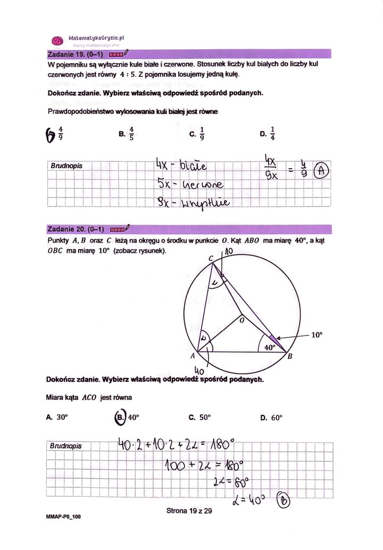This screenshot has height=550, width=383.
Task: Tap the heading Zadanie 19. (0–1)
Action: [x=75, y=54]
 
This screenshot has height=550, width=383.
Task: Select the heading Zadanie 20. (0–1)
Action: [x=75, y=229]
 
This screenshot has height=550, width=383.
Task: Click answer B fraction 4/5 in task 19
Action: [x=128, y=134]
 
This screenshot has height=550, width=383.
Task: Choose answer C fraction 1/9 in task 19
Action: [x=198, y=134]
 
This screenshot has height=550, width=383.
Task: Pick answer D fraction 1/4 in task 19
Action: [x=269, y=134]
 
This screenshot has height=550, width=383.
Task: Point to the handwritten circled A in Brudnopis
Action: [x=321, y=171]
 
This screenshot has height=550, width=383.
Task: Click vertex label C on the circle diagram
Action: [x=210, y=258]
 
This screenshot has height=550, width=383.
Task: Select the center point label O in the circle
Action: [x=240, y=321]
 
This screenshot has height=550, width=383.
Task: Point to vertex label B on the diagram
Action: [x=290, y=356]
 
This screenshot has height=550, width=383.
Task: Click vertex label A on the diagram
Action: [x=193, y=357]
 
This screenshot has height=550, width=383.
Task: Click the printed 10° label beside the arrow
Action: [x=317, y=335]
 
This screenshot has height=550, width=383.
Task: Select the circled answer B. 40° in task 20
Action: [x=127, y=417]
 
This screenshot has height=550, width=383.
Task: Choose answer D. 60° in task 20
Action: [x=271, y=418]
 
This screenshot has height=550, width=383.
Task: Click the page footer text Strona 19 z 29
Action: [x=189, y=511]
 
